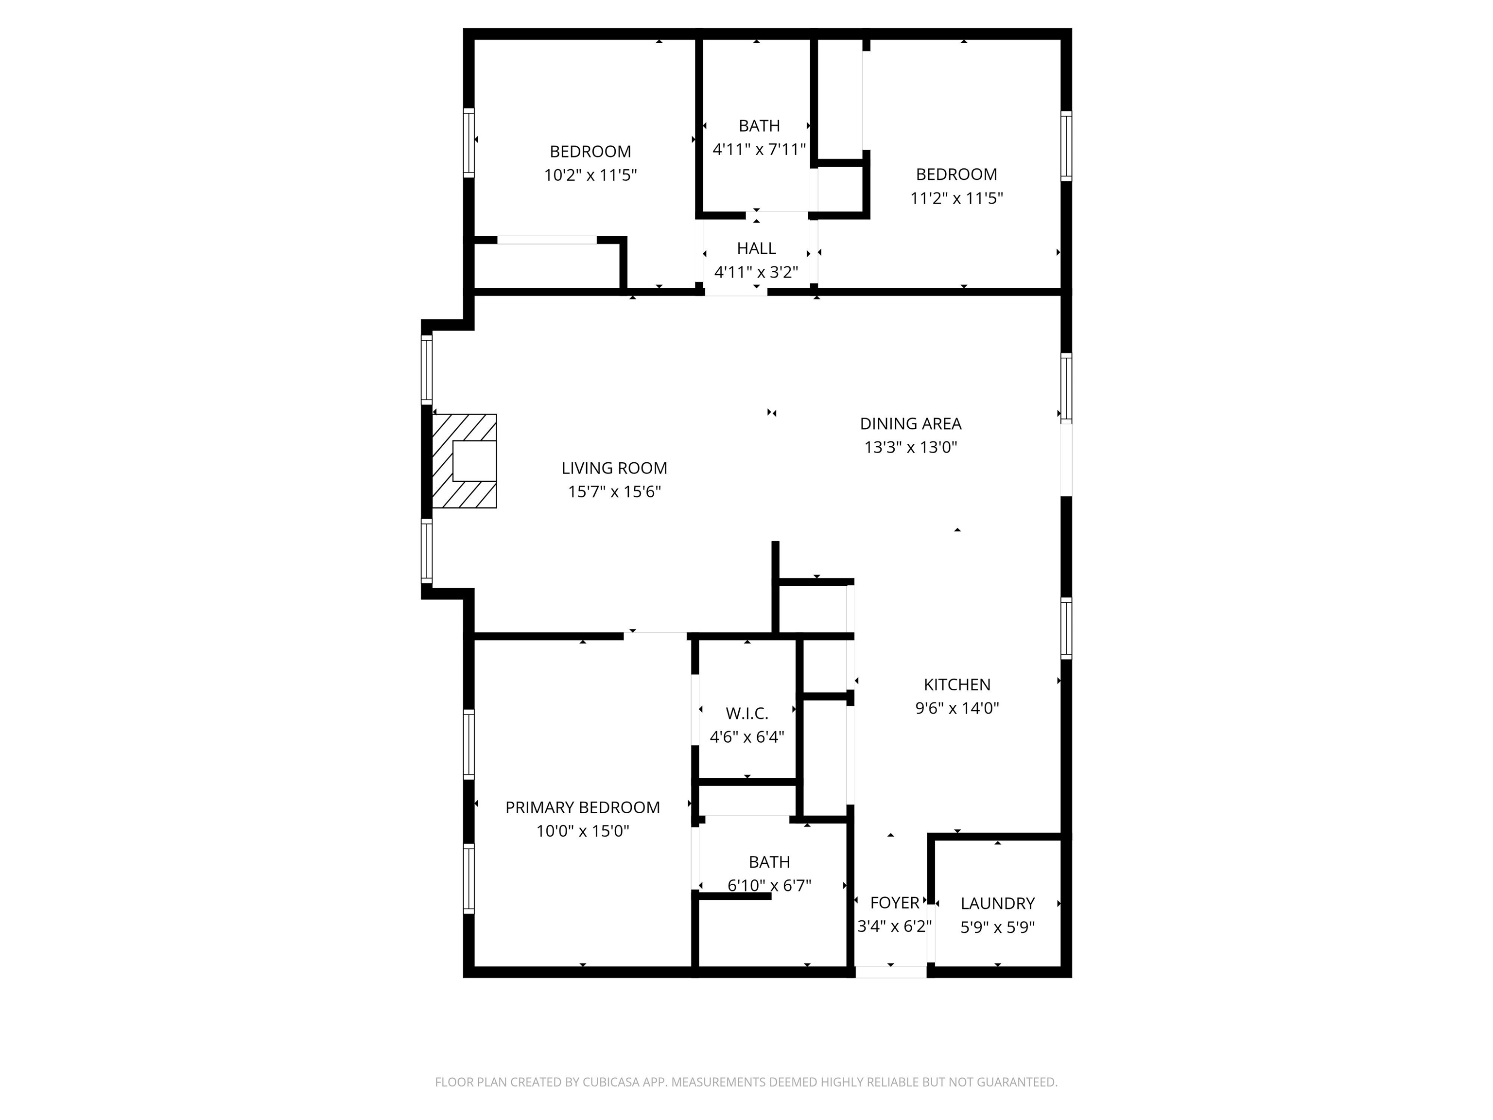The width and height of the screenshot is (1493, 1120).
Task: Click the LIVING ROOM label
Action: [614, 468]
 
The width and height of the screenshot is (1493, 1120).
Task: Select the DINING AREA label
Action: [910, 423]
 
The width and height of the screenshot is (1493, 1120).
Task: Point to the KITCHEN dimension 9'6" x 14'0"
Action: [957, 708]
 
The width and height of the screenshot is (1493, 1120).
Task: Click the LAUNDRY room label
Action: [998, 903]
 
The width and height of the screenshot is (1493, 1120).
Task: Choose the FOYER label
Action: [895, 903]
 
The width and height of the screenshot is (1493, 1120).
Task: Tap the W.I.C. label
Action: [747, 713]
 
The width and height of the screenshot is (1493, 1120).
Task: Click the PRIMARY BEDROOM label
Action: [583, 807]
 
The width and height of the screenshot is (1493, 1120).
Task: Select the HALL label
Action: [757, 248]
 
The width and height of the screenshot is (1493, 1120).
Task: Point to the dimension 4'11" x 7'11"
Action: [759, 149]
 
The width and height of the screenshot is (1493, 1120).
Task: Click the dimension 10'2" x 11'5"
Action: [590, 175]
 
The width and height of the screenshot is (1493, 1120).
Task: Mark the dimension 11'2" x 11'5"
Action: [956, 198]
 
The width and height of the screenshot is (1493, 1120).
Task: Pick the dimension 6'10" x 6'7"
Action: [769, 885]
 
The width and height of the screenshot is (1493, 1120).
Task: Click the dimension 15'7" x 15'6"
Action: [614, 491]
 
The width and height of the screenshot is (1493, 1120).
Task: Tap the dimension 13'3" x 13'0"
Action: [910, 447]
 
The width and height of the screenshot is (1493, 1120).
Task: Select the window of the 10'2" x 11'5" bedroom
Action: [469, 142]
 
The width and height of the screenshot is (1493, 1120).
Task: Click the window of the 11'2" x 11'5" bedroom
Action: [1066, 146]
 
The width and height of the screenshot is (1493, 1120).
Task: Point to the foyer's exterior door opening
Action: [891, 972]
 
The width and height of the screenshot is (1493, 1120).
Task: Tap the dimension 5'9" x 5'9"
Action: [998, 927]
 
